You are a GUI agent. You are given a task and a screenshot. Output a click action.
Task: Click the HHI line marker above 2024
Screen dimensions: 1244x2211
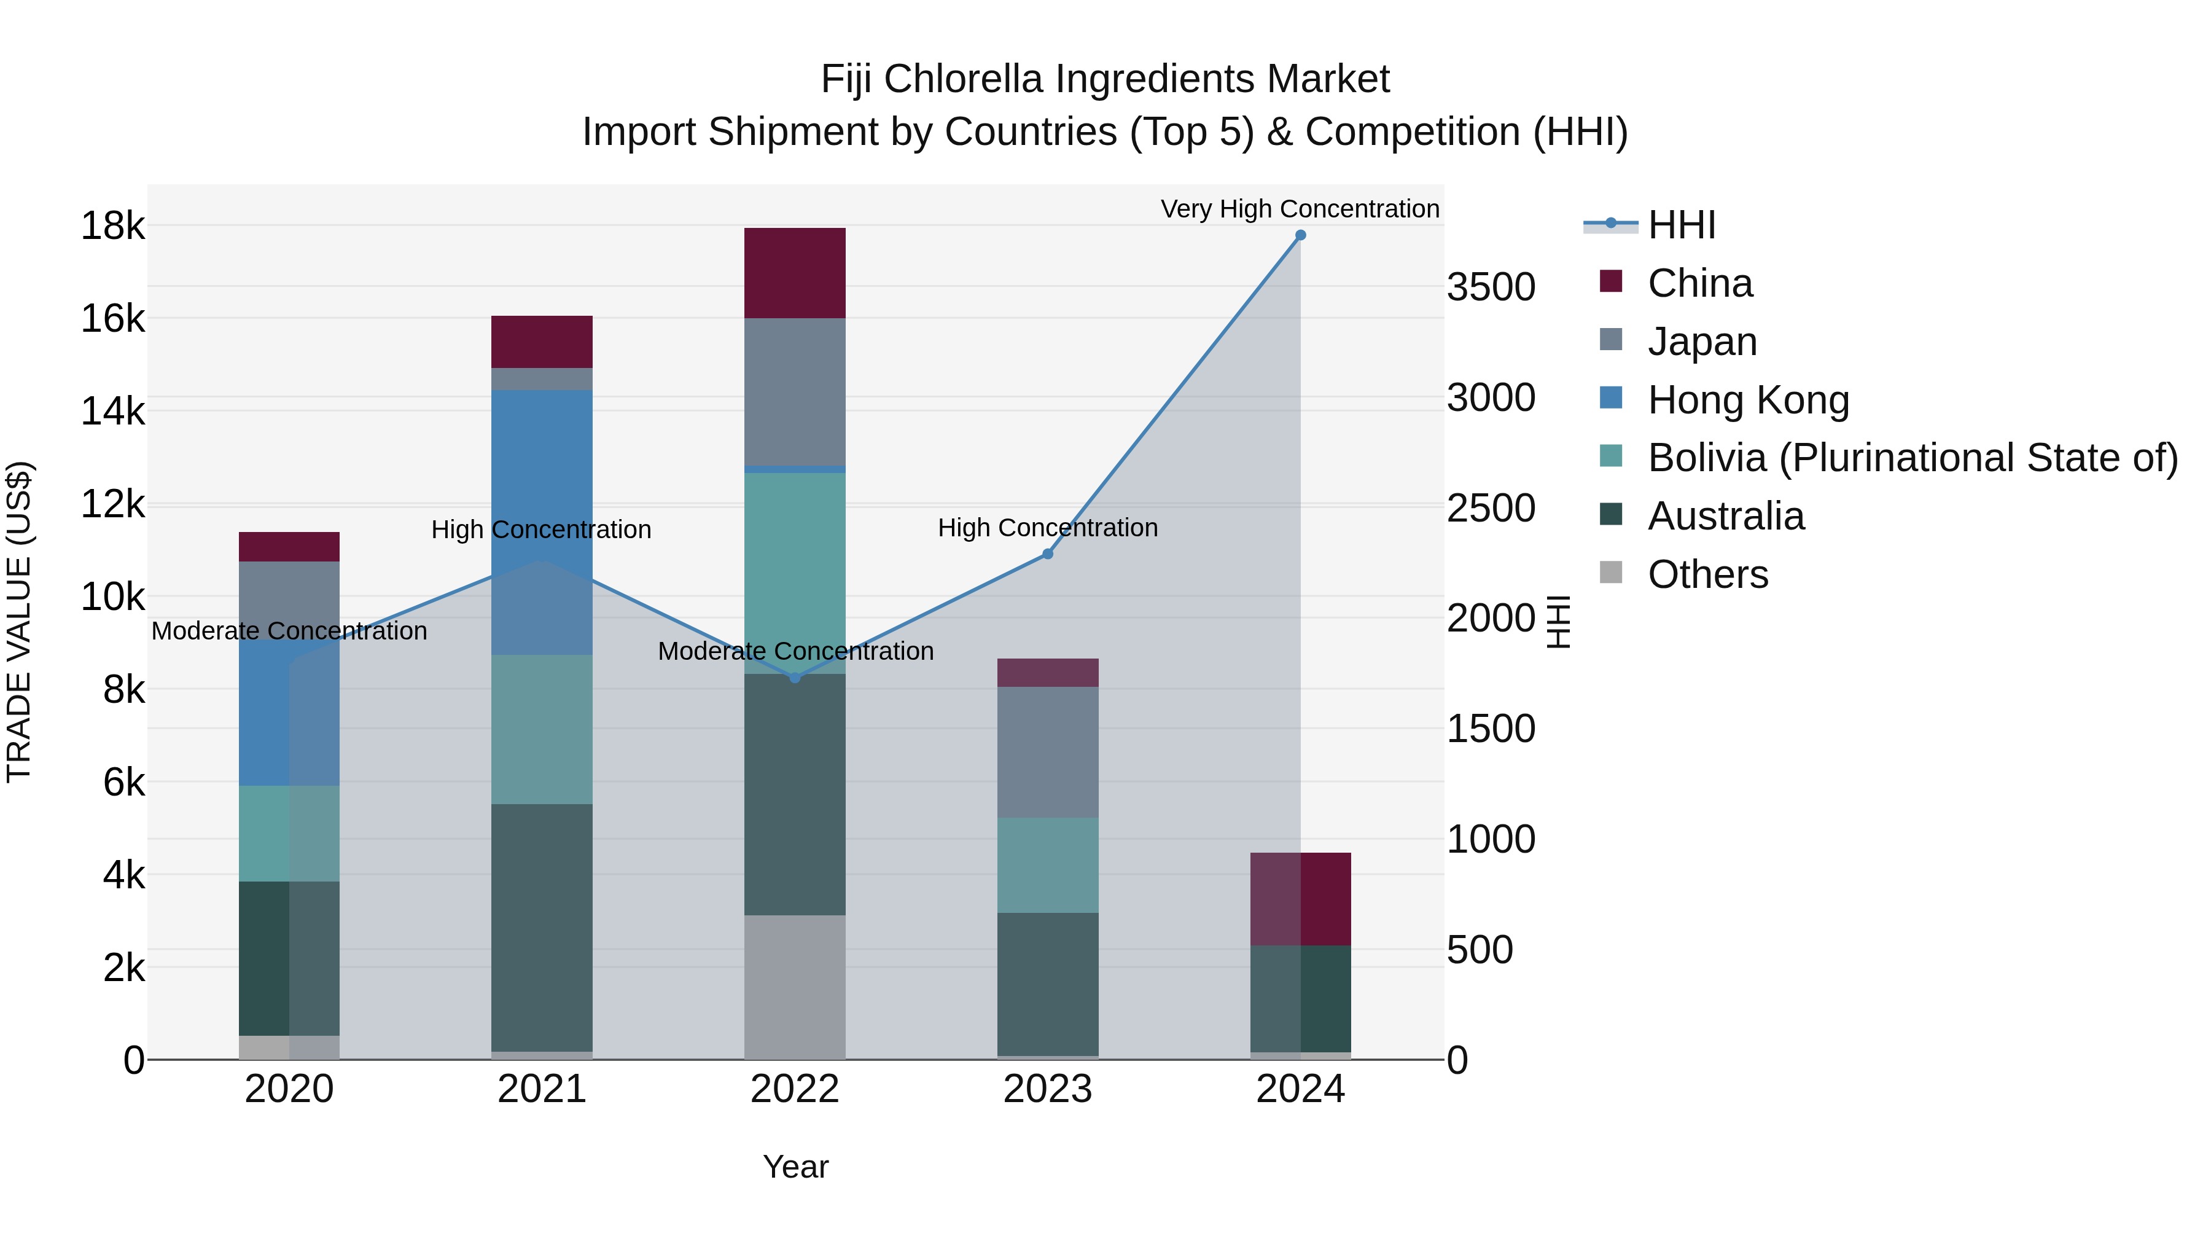click(1300, 235)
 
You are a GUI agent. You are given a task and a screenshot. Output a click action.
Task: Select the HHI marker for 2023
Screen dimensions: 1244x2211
click(1047, 554)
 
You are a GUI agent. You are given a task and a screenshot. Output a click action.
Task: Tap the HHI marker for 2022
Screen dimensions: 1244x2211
click(795, 678)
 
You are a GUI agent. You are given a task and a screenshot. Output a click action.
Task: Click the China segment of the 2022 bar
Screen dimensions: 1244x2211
click(795, 273)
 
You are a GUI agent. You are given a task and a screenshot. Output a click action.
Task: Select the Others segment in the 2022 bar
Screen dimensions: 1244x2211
click(795, 987)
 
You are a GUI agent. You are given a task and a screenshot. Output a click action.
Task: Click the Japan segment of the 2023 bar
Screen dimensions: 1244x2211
click(1047, 752)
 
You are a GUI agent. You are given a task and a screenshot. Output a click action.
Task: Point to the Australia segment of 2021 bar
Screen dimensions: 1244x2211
click(542, 927)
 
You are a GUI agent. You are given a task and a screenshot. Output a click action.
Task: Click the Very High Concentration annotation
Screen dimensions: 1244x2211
click(1300, 209)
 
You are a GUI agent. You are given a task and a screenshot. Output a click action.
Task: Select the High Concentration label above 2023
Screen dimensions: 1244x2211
click(1047, 527)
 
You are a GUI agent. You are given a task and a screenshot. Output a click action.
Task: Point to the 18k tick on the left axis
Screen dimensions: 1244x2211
click(112, 227)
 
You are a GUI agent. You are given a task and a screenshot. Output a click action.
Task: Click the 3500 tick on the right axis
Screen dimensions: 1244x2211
click(1491, 287)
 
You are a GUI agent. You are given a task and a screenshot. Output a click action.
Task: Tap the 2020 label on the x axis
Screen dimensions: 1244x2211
click(289, 1089)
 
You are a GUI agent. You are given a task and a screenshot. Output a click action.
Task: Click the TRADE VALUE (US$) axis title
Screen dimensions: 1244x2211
click(19, 622)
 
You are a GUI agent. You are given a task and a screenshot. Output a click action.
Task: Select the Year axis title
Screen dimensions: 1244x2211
click(795, 1167)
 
